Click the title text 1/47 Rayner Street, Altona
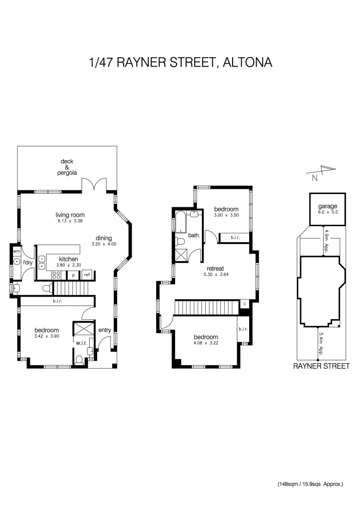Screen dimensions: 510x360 coord(180,62)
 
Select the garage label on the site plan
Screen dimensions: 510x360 coord(327,206)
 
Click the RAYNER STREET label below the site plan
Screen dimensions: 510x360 coord(321,366)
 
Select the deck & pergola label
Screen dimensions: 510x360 coord(67,167)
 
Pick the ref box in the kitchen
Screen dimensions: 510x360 coord(87,275)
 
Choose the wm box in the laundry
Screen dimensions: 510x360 coord(17,251)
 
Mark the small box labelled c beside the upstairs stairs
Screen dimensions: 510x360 coord(244,304)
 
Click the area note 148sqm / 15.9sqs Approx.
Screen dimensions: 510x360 coord(310,484)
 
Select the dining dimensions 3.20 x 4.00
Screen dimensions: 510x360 coord(103,244)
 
